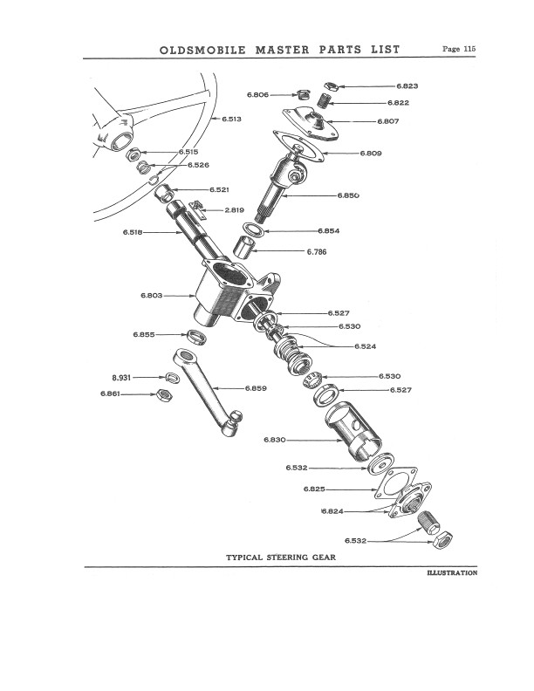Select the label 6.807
tap(388, 120)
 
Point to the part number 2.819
tap(234, 210)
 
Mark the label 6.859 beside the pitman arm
tap(256, 387)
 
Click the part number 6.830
tap(276, 439)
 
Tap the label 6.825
tap(316, 489)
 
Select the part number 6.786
tap(317, 252)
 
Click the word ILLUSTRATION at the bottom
tap(451, 573)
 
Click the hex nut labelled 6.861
tap(161, 395)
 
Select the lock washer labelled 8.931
tap(170, 377)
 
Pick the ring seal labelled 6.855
tap(198, 336)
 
